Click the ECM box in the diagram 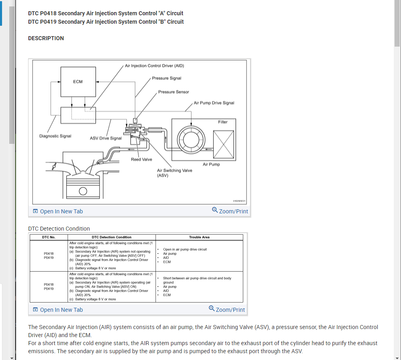pos(78,82)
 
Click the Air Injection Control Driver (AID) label pos(154,65)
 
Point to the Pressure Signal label pos(167,78)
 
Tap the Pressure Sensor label pos(173,92)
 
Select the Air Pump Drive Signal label pos(214,103)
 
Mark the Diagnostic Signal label pos(55,136)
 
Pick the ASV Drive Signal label pos(106,138)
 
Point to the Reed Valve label pos(141,160)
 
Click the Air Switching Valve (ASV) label pos(174,173)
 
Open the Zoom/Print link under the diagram pos(230,211)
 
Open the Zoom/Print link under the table pos(227,309)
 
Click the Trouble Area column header pos(199,237)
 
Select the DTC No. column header pos(49,237)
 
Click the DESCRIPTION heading pos(46,38)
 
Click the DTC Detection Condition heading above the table pos(59,229)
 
